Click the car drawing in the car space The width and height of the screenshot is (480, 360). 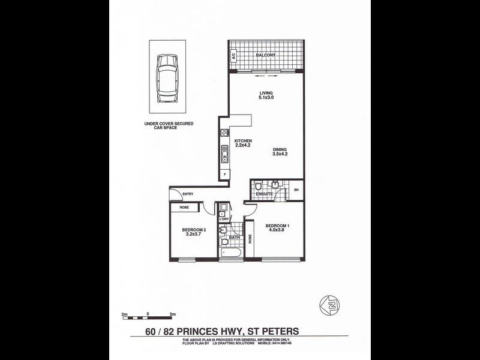167,78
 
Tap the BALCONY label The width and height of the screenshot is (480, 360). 265,55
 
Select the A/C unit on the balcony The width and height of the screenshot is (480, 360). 233,56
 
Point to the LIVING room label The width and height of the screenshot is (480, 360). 266,95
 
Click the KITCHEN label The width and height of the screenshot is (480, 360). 243,143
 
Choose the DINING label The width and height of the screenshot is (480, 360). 280,151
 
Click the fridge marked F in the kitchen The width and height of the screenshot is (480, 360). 224,174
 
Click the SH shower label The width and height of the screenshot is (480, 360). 296,190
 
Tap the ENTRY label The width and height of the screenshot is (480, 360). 188,194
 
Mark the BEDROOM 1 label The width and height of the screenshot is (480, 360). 278,228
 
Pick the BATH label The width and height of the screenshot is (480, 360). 235,238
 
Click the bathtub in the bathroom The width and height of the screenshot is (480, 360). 231,254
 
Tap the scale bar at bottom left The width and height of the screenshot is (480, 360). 147,317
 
